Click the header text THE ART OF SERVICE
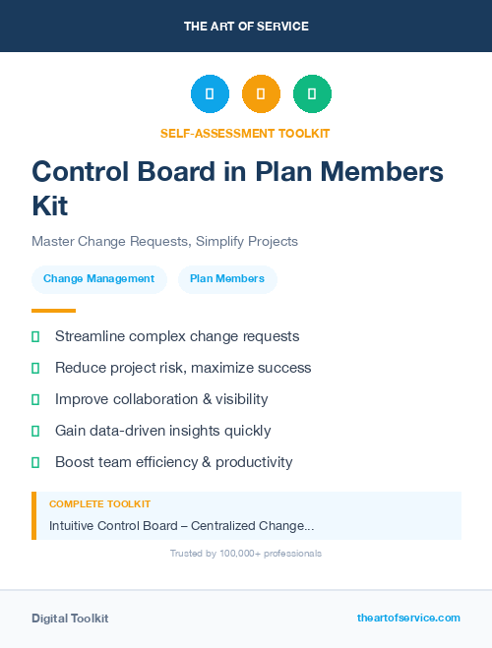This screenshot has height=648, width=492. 245,26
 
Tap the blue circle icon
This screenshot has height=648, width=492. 210,93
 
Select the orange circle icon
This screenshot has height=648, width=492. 261,93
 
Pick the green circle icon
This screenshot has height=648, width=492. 312,93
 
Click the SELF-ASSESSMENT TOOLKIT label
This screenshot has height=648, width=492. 245,133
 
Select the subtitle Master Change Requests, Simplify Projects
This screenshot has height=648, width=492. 164,241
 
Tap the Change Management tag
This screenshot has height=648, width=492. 98,278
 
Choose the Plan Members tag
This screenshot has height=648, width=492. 227,278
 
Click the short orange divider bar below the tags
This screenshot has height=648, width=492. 46,311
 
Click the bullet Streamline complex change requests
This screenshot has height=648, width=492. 177,336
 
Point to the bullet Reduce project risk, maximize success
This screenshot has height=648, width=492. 183,368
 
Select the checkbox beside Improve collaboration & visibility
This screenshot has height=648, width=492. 35,399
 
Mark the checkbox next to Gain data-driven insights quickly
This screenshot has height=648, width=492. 35,431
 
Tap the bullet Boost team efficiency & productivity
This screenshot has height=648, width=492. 174,462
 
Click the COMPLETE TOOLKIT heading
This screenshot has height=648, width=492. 99,503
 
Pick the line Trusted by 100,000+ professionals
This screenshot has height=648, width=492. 245,554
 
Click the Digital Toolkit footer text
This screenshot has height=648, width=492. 70,619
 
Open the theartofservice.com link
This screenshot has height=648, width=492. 408,618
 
